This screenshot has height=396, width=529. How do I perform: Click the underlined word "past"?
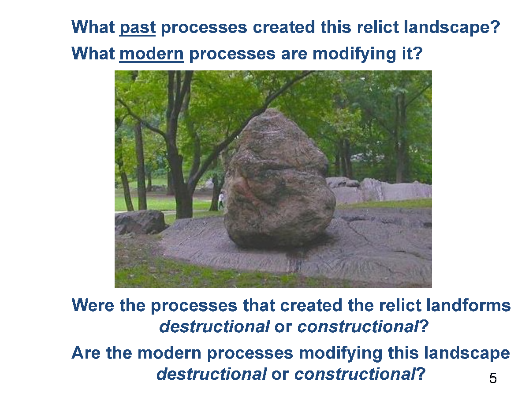coord(138,28)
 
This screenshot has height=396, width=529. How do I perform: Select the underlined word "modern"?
coord(152,54)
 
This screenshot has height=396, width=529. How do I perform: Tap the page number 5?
coord(492,378)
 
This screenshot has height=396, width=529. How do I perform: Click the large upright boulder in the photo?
coord(279,180)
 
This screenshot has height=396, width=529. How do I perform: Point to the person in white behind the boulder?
coord(221,200)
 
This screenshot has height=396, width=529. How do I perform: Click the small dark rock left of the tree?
coord(140,222)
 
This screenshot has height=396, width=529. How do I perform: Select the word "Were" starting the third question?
coord(93,305)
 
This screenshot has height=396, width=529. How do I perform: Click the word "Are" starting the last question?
coord(86,353)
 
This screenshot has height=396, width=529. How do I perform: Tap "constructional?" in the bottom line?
coord(360,374)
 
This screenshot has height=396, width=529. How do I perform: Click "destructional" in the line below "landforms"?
coord(215,326)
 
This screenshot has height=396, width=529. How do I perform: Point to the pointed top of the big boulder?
coord(272,110)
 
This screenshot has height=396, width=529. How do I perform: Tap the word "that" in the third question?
coord(259,305)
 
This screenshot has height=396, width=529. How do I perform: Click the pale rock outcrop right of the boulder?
coord(381,190)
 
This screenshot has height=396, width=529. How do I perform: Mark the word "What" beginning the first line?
coord(93,27)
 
